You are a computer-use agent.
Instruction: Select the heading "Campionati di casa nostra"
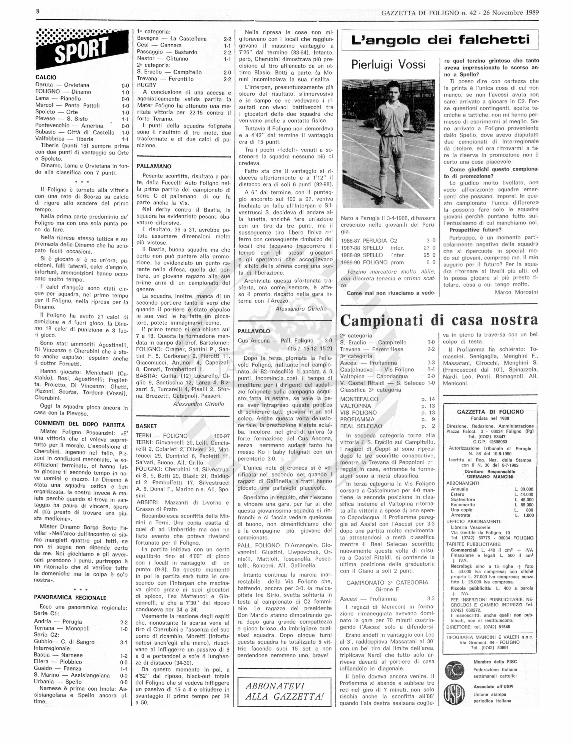(439, 320)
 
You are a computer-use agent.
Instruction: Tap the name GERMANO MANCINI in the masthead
(490, 477)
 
